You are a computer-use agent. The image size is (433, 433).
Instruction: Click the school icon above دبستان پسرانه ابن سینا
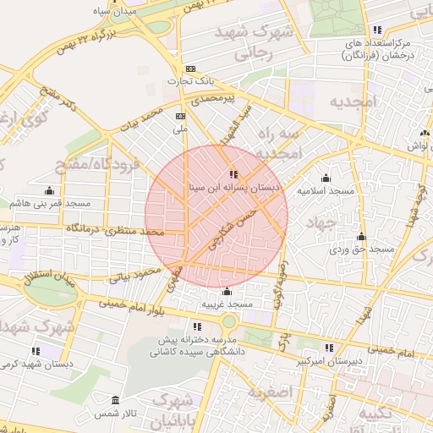coord(234,175)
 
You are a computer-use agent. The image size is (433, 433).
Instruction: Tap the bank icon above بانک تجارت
coord(191,69)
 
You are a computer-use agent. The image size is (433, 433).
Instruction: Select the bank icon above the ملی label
coord(179,116)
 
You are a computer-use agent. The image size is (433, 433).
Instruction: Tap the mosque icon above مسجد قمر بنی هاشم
coord(49,190)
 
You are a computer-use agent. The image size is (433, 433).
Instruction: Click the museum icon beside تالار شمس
coord(115,400)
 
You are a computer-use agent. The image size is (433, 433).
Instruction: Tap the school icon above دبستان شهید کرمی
coord(36,350)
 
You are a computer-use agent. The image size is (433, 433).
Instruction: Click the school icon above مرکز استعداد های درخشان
coord(377,29)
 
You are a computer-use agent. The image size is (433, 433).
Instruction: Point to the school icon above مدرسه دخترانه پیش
coord(197,326)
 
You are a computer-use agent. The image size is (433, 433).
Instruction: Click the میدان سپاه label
coord(115,14)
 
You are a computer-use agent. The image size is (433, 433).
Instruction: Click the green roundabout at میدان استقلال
coord(47,292)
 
